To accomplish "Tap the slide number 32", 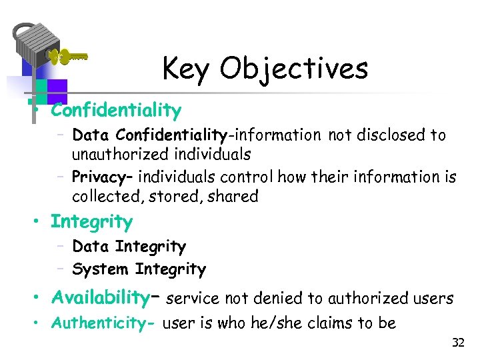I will [x=458, y=343].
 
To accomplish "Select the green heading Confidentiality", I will [x=116, y=109].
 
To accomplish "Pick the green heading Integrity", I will [x=91, y=221].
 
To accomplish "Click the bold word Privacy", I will [x=98, y=177].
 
